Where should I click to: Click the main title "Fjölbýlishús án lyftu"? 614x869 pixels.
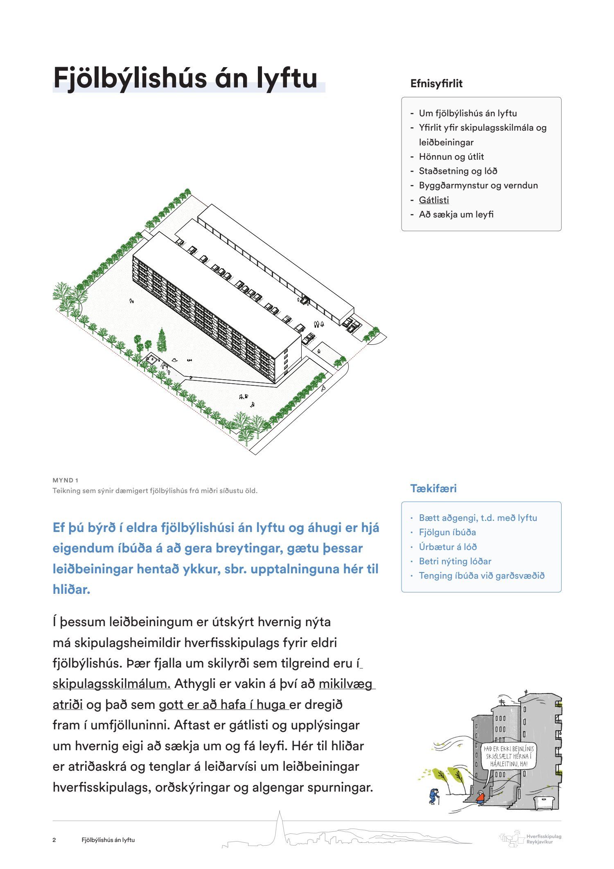coord(185,78)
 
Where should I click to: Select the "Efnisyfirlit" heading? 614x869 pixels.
coord(436,84)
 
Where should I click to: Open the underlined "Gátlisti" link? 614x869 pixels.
coord(434,200)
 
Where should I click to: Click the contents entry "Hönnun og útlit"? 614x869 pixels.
coord(451,156)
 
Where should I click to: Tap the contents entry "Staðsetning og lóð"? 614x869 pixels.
coord(458,171)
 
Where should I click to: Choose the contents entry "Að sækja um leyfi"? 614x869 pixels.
coord(456,214)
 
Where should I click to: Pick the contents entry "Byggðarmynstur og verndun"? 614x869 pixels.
coord(478,185)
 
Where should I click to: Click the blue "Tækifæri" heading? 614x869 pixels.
coord(433,488)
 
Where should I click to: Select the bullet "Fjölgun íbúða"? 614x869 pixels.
coord(447,532)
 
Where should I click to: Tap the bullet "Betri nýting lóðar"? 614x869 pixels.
coord(455,561)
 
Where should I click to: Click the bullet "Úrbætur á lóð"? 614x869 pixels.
coord(448,547)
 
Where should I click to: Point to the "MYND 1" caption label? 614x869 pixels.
coord(65,480)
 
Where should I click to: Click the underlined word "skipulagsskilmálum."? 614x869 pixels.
coord(112,683)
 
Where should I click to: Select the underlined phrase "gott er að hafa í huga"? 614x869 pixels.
coord(223,704)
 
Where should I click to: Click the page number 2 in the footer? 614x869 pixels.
coord(54,840)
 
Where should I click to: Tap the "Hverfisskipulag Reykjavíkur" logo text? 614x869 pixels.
coord(544,839)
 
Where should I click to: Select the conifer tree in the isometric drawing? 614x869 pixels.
coord(162,341)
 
